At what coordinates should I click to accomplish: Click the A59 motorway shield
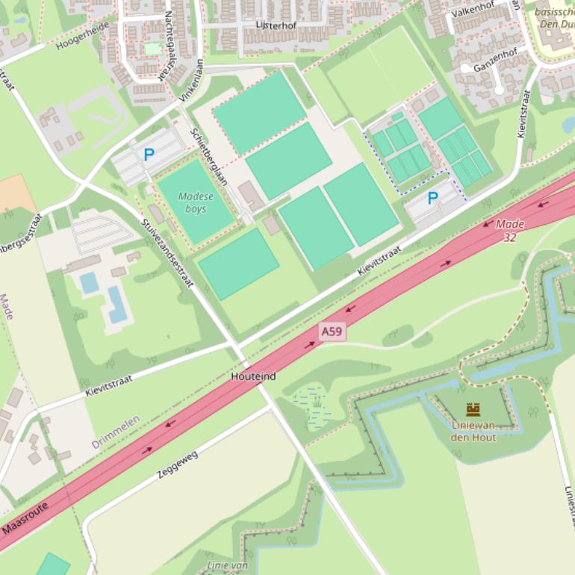click(333, 331)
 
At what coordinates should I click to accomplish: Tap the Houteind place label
click(253, 376)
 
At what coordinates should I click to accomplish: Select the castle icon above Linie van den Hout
click(473, 409)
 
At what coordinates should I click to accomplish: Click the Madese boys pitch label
click(196, 203)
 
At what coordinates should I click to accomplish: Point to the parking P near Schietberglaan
click(149, 155)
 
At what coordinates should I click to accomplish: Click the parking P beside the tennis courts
click(433, 199)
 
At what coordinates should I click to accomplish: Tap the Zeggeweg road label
click(178, 464)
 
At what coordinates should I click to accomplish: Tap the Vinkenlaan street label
click(191, 81)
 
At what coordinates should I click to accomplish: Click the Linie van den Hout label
click(473, 431)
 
